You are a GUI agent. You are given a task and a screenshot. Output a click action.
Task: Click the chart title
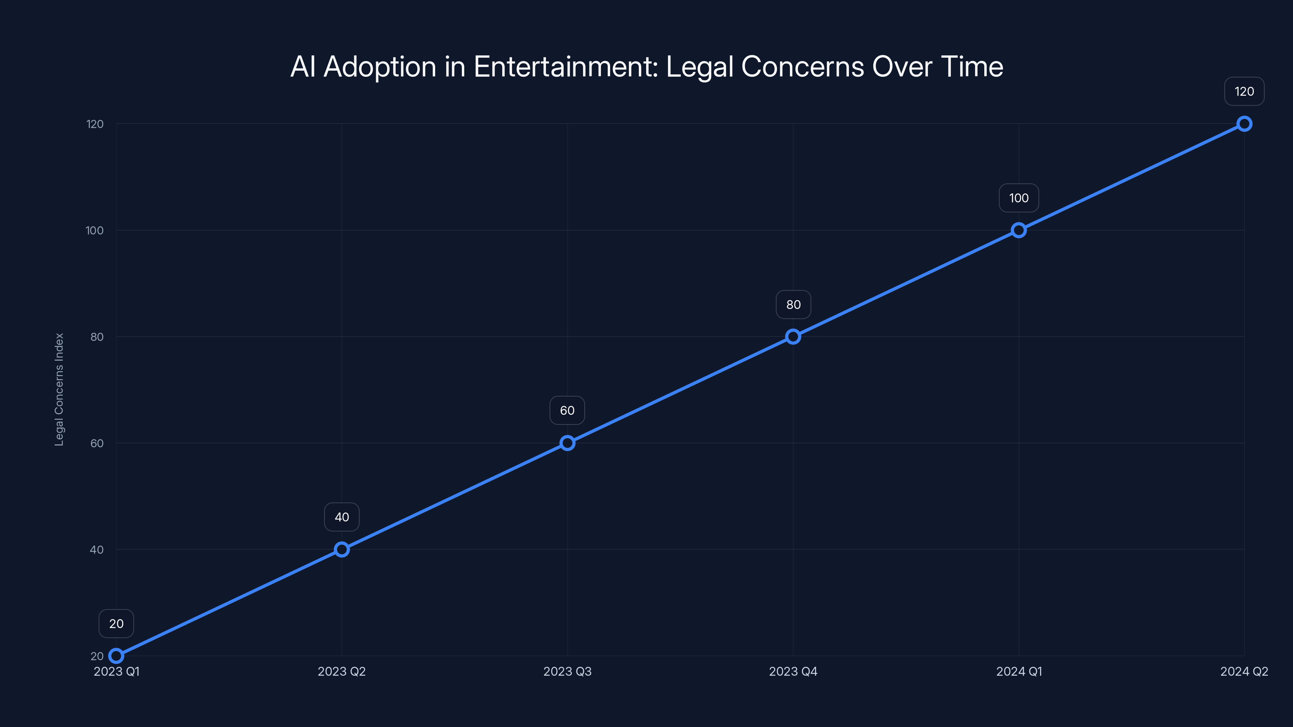(646, 67)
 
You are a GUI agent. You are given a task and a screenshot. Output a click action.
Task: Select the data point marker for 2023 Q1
(116, 656)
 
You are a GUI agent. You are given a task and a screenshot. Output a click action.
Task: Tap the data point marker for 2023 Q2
(342, 549)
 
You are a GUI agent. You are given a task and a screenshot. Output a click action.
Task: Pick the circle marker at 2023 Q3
(567, 443)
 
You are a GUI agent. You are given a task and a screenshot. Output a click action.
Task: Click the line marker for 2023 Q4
(793, 337)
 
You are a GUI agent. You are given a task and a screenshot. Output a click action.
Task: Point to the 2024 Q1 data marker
(1018, 230)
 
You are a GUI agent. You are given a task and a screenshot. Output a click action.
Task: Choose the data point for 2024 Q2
(1244, 124)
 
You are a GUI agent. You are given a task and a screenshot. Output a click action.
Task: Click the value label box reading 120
(1244, 91)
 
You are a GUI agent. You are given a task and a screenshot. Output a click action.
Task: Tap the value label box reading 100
(1018, 198)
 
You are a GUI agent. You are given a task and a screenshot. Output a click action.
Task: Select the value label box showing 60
(567, 410)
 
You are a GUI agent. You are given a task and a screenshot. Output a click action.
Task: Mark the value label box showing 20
(116, 624)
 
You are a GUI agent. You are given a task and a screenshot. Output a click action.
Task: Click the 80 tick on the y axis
(97, 337)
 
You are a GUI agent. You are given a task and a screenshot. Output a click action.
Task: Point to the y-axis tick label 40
(97, 550)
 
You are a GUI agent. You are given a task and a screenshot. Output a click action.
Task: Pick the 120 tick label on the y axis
(95, 124)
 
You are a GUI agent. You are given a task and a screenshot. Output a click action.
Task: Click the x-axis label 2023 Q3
(567, 671)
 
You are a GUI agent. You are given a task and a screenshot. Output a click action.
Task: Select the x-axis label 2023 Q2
(342, 671)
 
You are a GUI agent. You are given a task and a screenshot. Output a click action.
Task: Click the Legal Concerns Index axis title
(59, 389)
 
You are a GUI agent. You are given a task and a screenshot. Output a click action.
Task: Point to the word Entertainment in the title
(565, 67)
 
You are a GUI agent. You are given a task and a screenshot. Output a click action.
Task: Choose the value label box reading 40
(342, 517)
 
